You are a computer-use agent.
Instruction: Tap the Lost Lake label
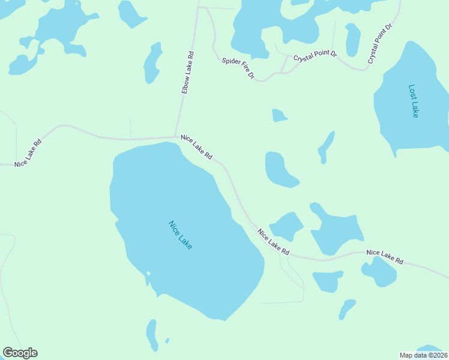(x=413, y=100)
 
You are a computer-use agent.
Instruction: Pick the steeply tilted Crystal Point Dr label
(x=380, y=44)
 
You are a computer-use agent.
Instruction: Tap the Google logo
(x=20, y=353)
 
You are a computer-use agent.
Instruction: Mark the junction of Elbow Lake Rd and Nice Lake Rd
(x=175, y=137)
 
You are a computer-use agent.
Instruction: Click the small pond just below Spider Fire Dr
(x=279, y=115)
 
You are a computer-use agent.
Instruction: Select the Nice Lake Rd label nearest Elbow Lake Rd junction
(x=196, y=147)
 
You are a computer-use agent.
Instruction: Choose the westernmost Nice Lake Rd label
(x=28, y=152)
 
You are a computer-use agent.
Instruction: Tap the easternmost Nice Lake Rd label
(x=385, y=257)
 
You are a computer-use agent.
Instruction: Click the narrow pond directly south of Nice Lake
(x=152, y=334)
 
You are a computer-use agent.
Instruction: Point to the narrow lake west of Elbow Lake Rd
(x=152, y=63)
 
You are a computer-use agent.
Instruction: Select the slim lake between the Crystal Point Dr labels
(x=353, y=40)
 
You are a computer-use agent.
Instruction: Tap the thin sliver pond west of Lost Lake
(x=326, y=146)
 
